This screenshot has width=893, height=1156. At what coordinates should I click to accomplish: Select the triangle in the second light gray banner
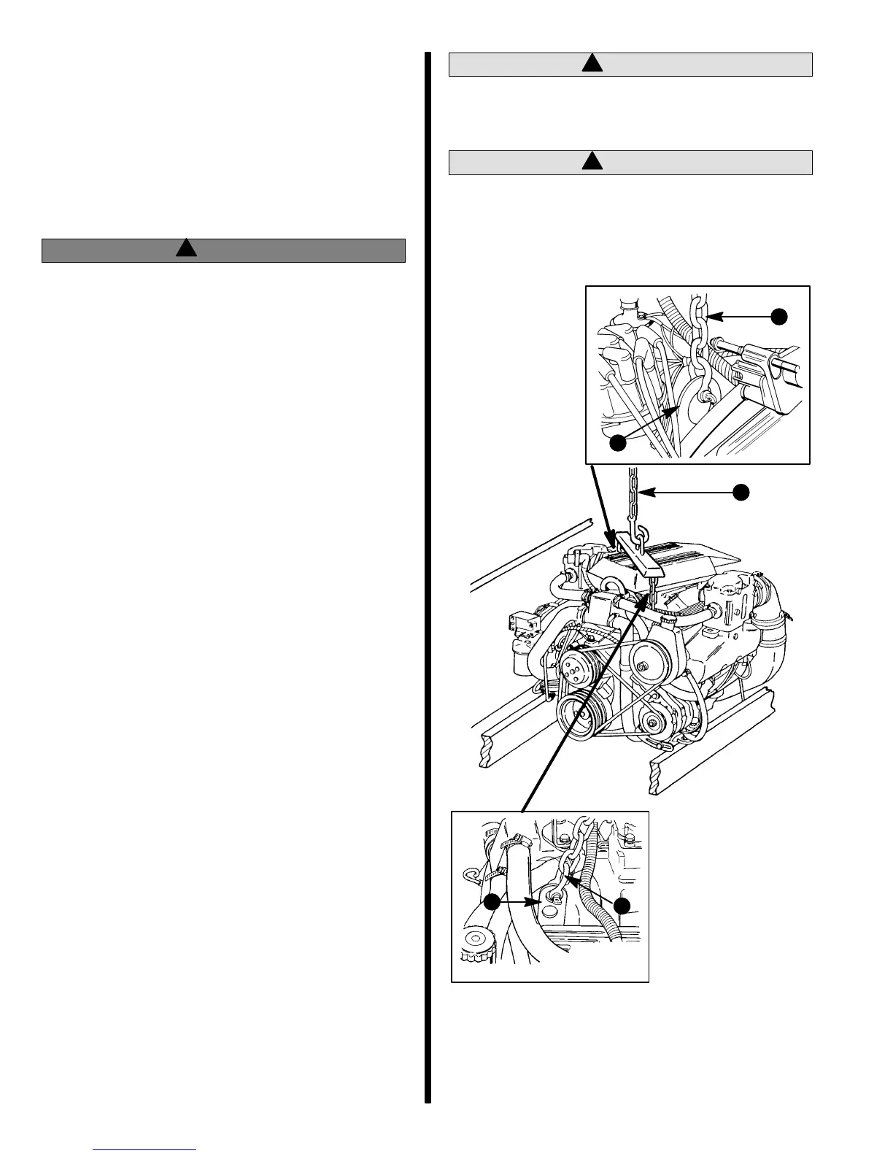[x=592, y=161]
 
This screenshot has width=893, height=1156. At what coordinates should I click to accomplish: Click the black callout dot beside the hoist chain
[x=741, y=492]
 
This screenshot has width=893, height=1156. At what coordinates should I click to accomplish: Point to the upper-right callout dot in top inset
[x=779, y=315]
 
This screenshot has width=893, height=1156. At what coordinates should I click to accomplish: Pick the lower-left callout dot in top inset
[x=618, y=442]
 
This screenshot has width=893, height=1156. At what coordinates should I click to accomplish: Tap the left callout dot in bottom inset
[x=492, y=901]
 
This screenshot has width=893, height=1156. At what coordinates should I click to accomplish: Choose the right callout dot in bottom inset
[x=622, y=906]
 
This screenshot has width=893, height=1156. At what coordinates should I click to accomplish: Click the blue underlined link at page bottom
[x=145, y=1149]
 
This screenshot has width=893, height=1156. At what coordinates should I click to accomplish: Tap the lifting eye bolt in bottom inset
[x=552, y=895]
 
